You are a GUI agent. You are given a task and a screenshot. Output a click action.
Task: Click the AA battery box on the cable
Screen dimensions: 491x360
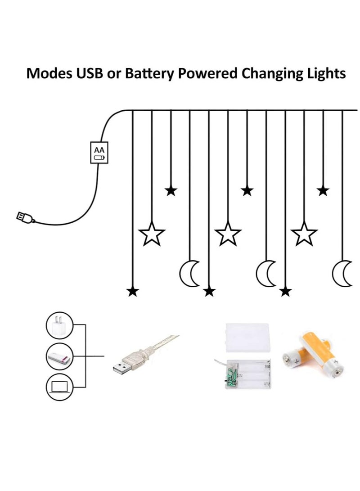click(99, 153)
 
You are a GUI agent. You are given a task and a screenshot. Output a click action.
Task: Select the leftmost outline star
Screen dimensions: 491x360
click(152, 234)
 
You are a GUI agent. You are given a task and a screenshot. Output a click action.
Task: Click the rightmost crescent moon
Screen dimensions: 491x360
click(342, 274)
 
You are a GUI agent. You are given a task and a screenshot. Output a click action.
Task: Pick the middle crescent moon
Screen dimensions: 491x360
click(266, 274)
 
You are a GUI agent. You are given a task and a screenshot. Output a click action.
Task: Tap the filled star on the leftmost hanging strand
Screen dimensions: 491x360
click(132, 292)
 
